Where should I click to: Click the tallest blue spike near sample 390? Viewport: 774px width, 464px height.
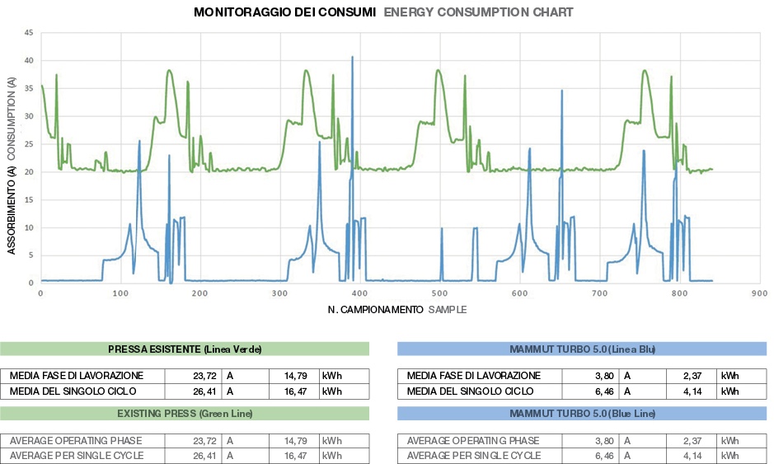[x=352, y=58]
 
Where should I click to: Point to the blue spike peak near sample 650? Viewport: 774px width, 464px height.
[x=562, y=91]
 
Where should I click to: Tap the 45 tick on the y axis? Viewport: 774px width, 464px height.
[x=30, y=33]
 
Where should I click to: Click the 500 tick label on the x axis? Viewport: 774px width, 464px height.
[x=439, y=293]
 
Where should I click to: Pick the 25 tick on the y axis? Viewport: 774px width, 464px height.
[x=30, y=144]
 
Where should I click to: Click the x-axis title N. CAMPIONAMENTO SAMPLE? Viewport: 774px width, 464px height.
[x=396, y=310]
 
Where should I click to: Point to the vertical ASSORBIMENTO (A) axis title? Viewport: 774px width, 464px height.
[x=12, y=165]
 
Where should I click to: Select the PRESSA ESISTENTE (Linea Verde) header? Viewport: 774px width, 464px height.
[x=185, y=349]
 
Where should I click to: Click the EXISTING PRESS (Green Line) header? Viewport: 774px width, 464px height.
[x=185, y=412]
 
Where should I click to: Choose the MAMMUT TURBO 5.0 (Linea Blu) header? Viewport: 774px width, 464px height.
[x=582, y=349]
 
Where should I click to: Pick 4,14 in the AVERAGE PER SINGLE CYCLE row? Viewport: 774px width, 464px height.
[x=692, y=455]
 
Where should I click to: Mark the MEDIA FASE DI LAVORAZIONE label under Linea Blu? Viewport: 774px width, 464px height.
[x=474, y=376]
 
